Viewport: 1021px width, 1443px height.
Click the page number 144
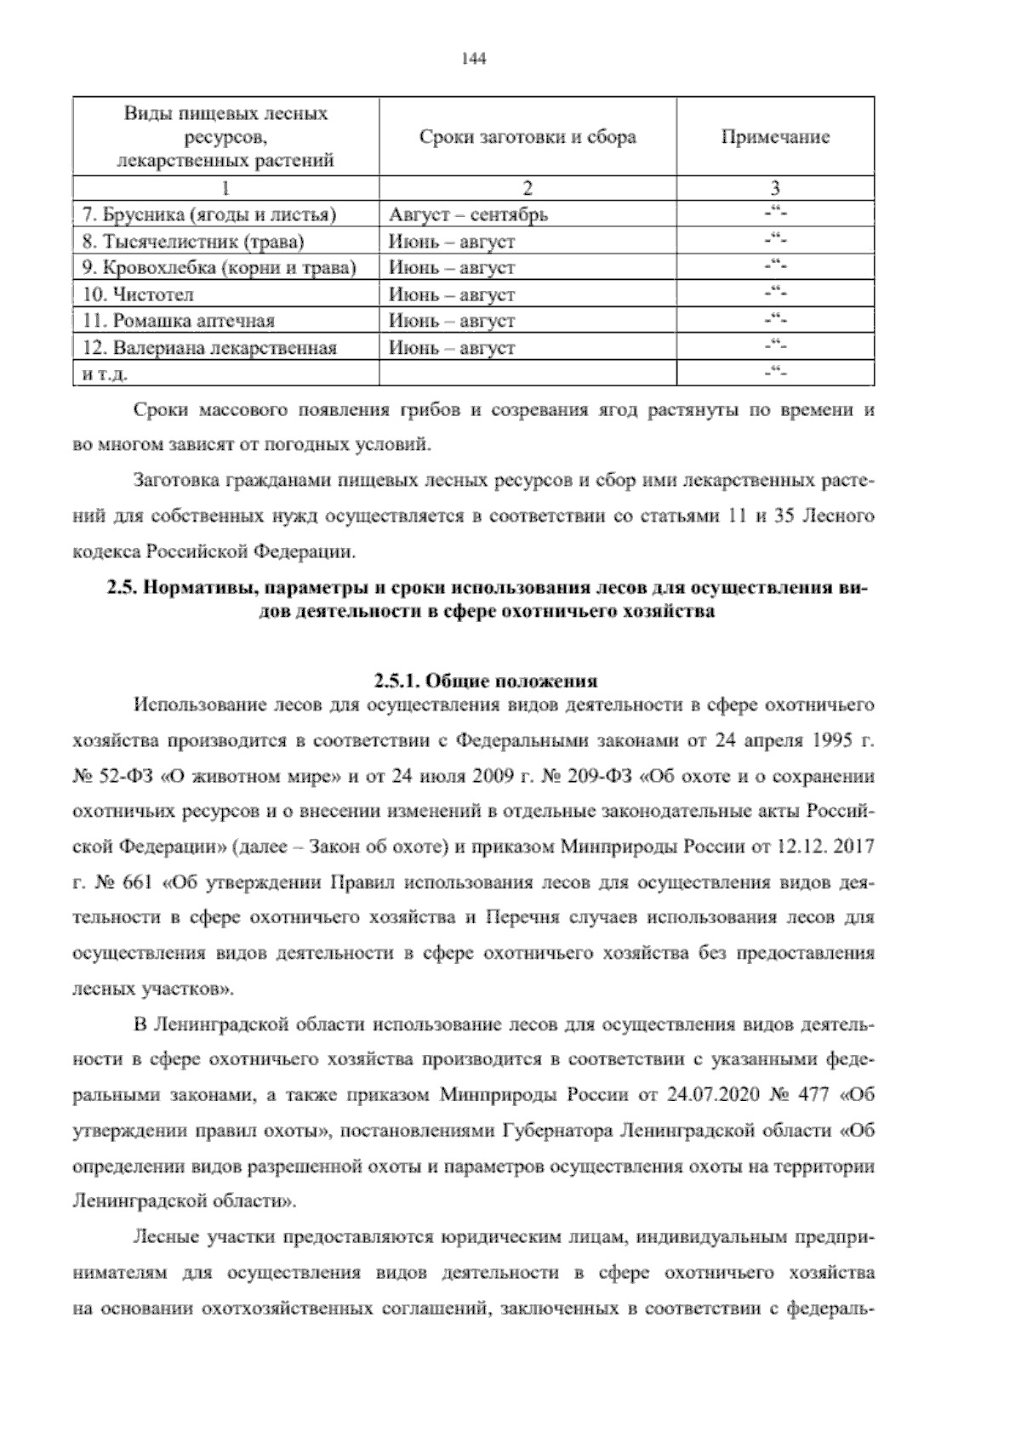click(472, 59)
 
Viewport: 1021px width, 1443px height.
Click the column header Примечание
click(774, 138)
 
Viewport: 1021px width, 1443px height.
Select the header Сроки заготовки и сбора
click(528, 138)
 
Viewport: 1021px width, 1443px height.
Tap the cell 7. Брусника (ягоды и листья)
click(215, 214)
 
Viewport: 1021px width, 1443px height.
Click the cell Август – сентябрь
click(468, 214)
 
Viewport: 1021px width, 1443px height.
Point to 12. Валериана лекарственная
click(209, 348)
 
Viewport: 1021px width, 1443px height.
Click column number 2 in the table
click(528, 188)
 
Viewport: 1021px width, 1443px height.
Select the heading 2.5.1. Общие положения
click(485, 681)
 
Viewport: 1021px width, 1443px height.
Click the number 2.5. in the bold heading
click(123, 588)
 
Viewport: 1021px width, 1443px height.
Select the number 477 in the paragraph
click(814, 1095)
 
